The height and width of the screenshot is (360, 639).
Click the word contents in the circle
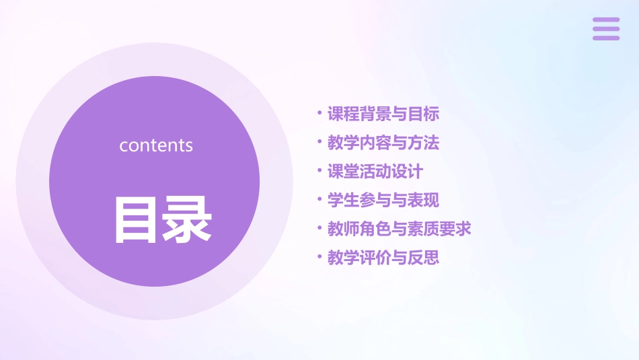point(156,145)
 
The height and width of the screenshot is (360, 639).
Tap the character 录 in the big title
point(187,219)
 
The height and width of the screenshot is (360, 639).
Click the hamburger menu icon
point(606,29)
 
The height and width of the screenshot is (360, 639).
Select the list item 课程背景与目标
point(383,114)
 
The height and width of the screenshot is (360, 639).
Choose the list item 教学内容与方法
point(383,143)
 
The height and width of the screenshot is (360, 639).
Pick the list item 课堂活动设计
point(375,172)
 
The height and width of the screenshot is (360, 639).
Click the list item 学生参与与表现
point(383,201)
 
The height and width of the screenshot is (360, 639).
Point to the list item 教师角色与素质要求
point(400,229)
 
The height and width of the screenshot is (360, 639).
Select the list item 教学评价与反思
point(383,258)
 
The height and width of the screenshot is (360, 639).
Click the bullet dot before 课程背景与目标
point(319,112)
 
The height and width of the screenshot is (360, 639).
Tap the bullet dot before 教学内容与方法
point(319,141)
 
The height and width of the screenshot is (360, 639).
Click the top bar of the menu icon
point(606,20)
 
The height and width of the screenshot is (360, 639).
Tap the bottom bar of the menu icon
point(606,38)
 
